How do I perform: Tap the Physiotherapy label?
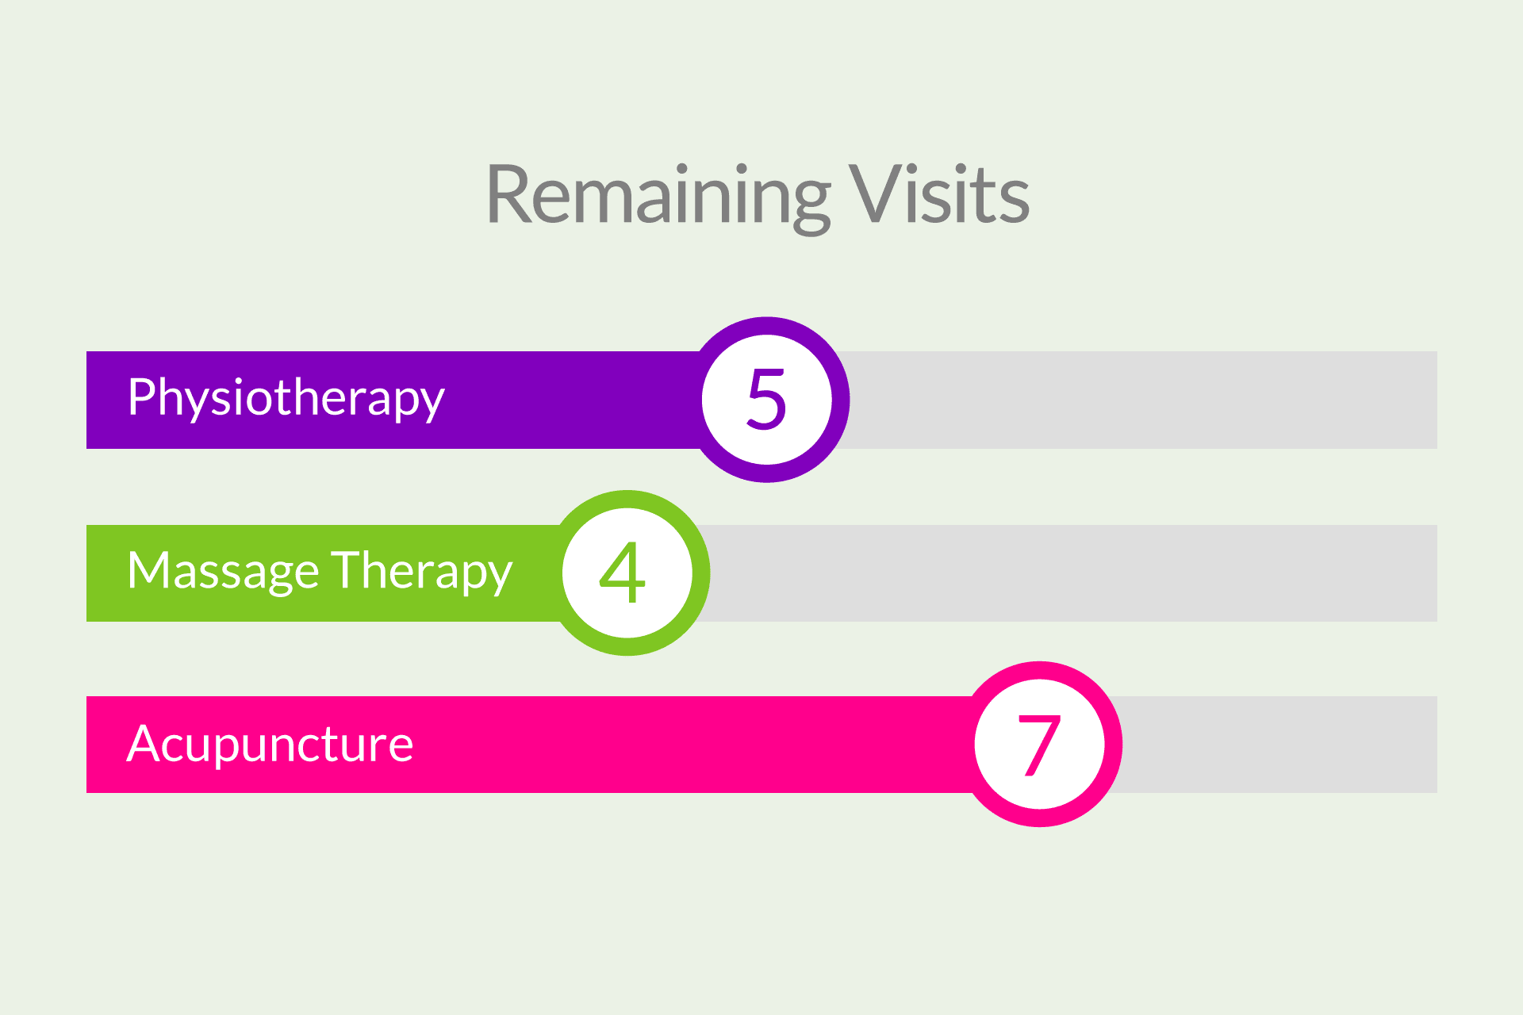coord(286,398)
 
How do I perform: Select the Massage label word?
coord(223,571)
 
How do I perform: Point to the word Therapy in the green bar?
coord(422,571)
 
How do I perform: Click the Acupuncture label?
coord(270,745)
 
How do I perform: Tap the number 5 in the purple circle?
coord(766,400)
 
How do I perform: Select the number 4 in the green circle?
coord(623,573)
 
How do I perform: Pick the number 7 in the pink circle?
coord(1038,745)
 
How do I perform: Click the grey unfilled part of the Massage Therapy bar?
coord(1071,573)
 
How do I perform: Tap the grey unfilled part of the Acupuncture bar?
coord(1277,745)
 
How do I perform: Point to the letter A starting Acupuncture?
coord(144,745)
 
